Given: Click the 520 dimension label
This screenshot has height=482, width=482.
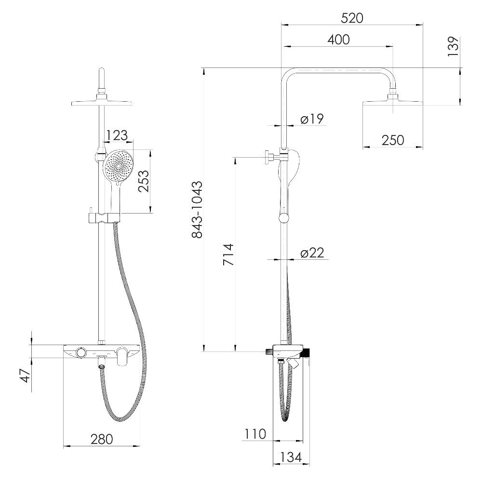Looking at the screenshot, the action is point(352,18).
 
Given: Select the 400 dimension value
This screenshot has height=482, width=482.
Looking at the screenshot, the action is point(338,40).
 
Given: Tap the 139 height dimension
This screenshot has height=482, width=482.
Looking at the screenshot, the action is point(454,46).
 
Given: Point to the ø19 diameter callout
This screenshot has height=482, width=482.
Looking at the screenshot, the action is point(312,119).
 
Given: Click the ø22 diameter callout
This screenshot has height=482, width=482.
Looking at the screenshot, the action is point(312,253).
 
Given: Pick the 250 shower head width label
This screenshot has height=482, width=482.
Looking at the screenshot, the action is point(393,140).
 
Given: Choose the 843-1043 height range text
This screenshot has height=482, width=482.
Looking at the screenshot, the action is point(197,210).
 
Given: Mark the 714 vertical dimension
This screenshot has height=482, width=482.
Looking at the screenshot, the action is point(228,254).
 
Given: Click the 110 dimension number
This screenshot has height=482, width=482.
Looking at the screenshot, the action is point(255,434).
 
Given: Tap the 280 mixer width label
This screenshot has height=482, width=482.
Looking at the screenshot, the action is point(102,439).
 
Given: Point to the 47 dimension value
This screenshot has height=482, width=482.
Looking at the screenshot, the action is point(26,375).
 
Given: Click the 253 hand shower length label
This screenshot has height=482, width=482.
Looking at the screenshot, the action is point(144,181).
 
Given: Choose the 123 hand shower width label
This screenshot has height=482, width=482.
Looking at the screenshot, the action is point(117,135).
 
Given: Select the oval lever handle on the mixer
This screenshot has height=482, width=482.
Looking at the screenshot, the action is point(123,357).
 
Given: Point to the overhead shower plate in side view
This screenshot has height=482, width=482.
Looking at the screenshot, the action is point(393,103).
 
